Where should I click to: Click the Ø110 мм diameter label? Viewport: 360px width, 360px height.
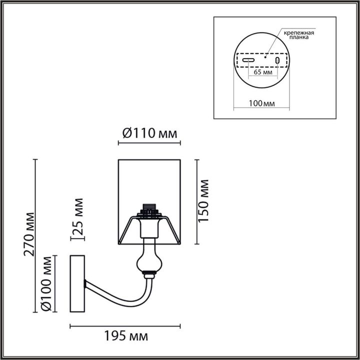click(x=148, y=133)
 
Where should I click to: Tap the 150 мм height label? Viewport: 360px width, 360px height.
click(x=204, y=202)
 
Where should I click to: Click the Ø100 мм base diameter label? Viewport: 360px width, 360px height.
click(x=47, y=283)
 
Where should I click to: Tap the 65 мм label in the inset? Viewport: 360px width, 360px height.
click(x=263, y=72)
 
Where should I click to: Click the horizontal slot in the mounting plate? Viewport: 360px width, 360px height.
click(x=248, y=60)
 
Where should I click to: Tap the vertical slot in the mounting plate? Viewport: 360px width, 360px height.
click(x=277, y=60)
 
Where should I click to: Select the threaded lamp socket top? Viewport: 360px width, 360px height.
click(x=148, y=207)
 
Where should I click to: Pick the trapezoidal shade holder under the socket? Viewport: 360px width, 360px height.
click(x=148, y=225)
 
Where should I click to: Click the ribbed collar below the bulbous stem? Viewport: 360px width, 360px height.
click(x=147, y=273)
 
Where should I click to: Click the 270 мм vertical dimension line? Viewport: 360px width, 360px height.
click(x=35, y=235)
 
